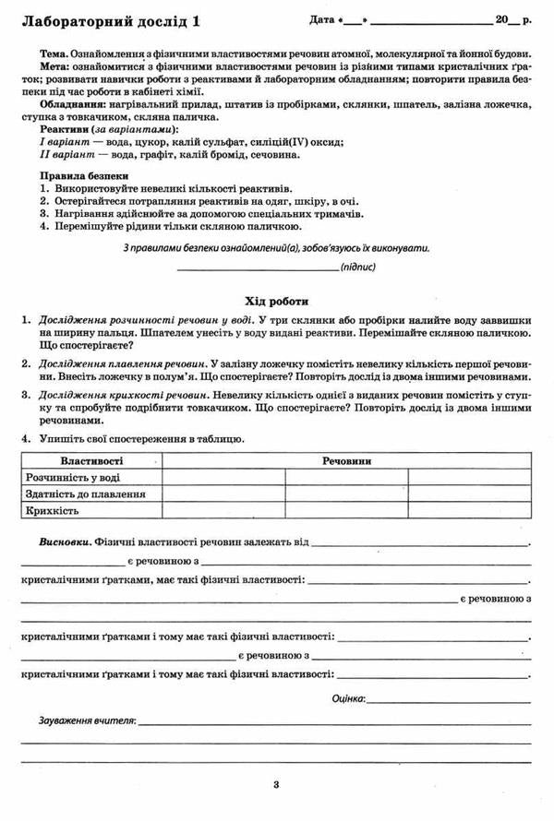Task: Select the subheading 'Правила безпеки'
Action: [84, 175]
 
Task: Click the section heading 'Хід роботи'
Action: [276, 301]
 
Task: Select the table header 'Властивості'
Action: [91, 459]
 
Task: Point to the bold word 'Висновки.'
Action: [65, 541]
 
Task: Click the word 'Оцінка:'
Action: [348, 698]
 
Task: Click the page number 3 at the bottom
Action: [276, 785]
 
